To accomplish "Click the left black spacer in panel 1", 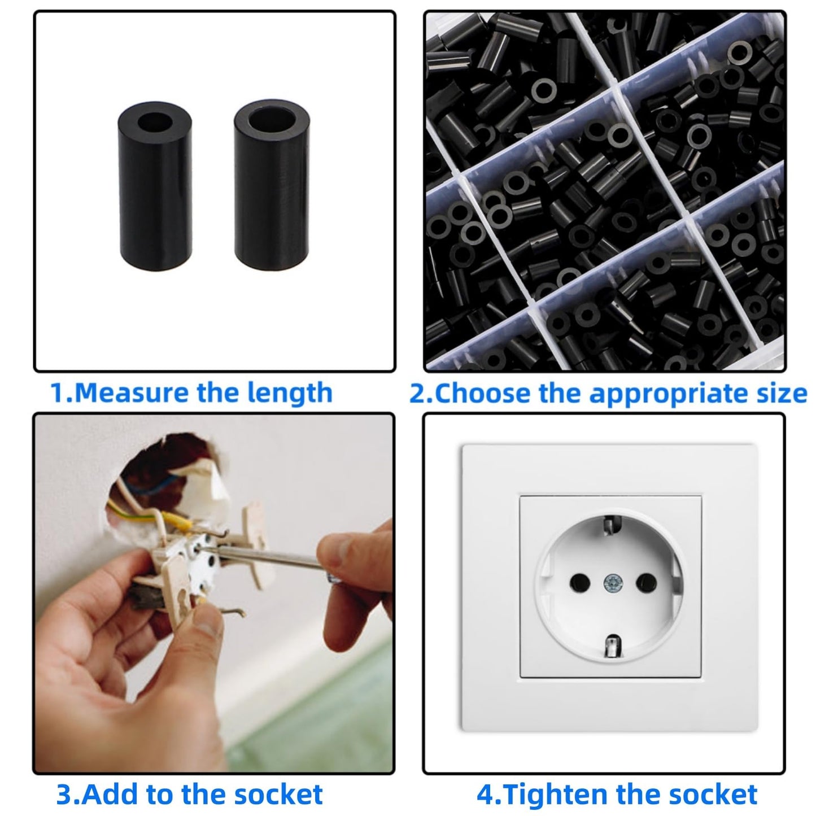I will pyautogui.click(x=155, y=186).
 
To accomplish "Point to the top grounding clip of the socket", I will pyautogui.click(x=609, y=524).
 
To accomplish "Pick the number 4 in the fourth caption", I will pyautogui.click(x=485, y=795).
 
